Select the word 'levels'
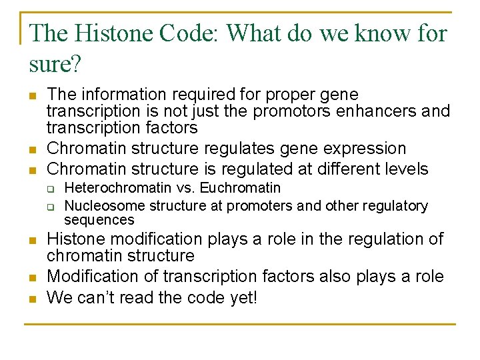(405, 169)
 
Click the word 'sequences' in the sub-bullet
(99, 220)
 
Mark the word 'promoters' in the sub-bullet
(243, 206)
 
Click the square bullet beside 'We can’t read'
(32, 299)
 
